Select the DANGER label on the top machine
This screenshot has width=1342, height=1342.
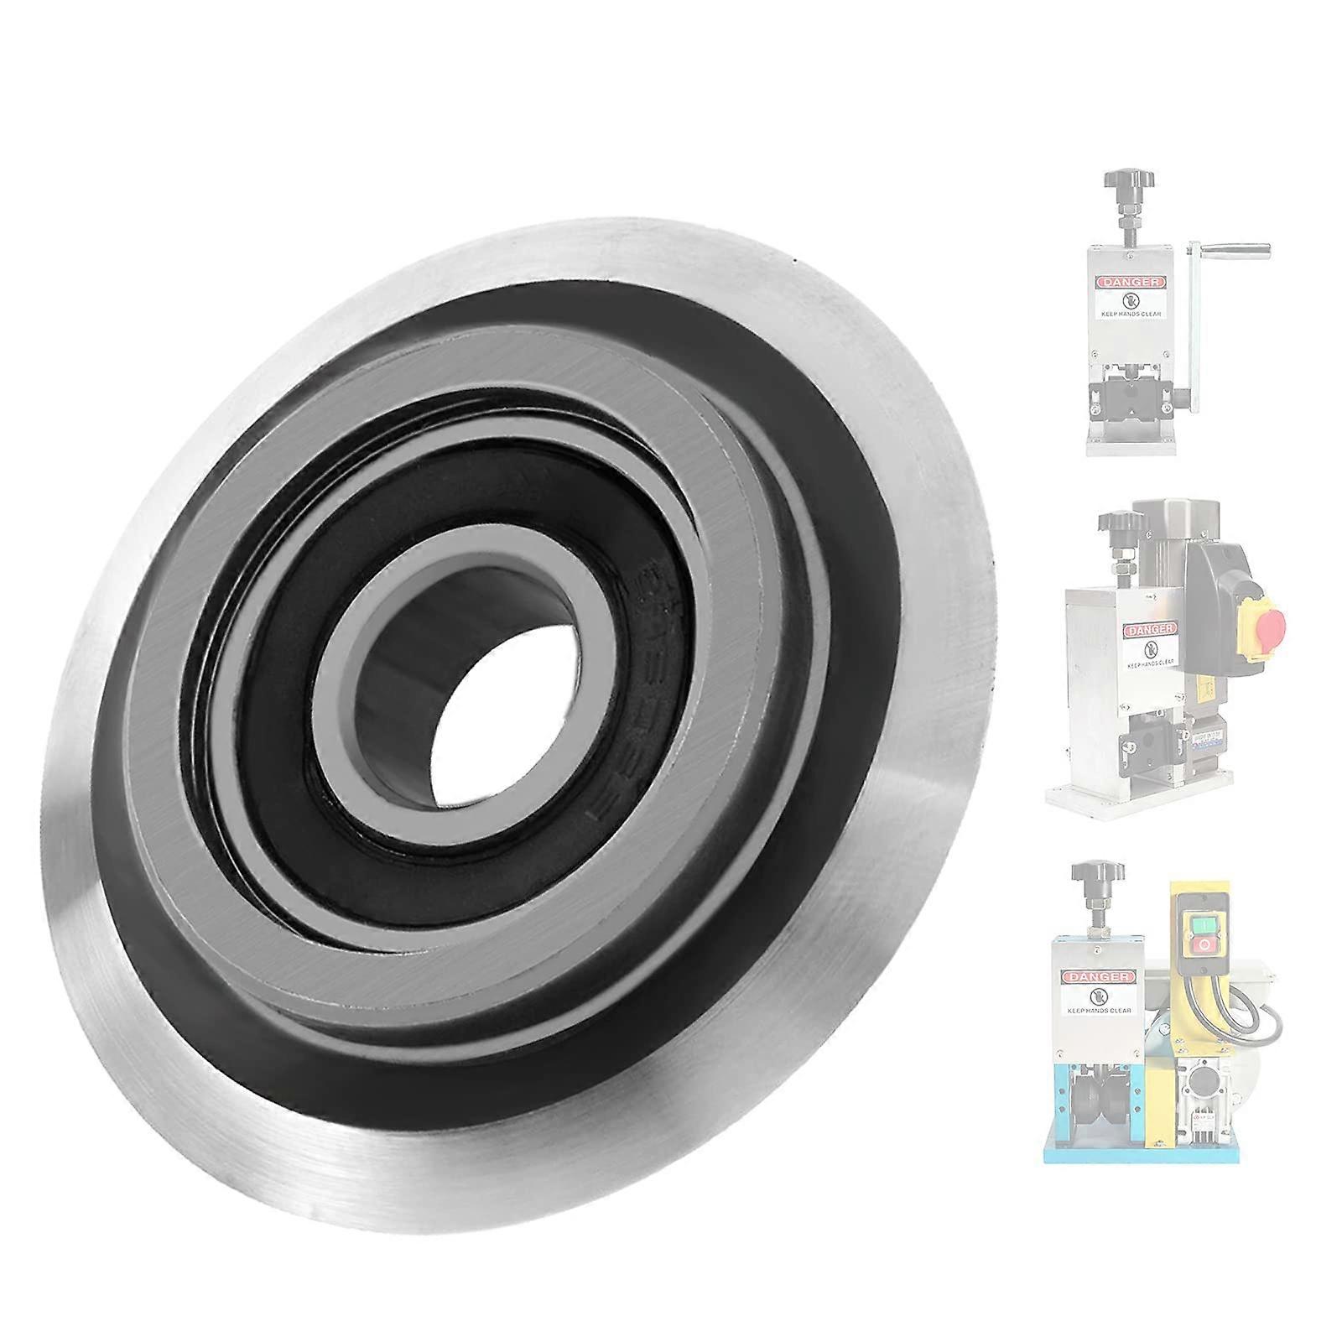1129,282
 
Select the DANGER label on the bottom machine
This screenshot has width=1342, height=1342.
1097,977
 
